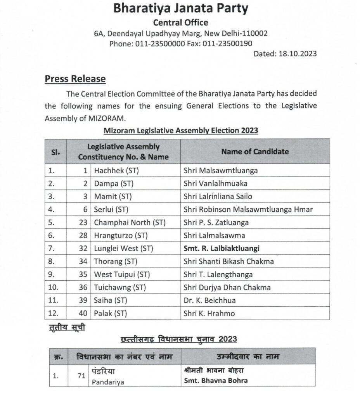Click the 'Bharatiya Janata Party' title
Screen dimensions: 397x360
coord(180,9)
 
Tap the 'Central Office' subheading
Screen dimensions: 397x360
coord(180,22)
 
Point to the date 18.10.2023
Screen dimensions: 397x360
coord(297,54)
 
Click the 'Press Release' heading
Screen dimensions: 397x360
coord(75,79)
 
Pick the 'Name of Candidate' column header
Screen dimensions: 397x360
coord(255,152)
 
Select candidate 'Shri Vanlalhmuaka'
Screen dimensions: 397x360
coord(215,183)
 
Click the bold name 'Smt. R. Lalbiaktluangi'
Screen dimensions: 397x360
coord(221,249)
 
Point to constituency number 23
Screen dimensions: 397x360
coord(83,223)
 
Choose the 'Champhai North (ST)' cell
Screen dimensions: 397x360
coord(130,223)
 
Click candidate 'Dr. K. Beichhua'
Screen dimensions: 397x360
coord(209,300)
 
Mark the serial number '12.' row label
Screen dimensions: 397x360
coord(53,313)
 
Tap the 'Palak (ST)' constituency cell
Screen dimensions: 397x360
coord(111,313)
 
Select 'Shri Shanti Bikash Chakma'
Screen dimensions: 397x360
coord(228,261)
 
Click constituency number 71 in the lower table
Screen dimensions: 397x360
coord(81,375)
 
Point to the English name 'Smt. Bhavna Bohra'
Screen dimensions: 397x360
coord(216,380)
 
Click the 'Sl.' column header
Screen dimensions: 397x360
coord(55,152)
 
